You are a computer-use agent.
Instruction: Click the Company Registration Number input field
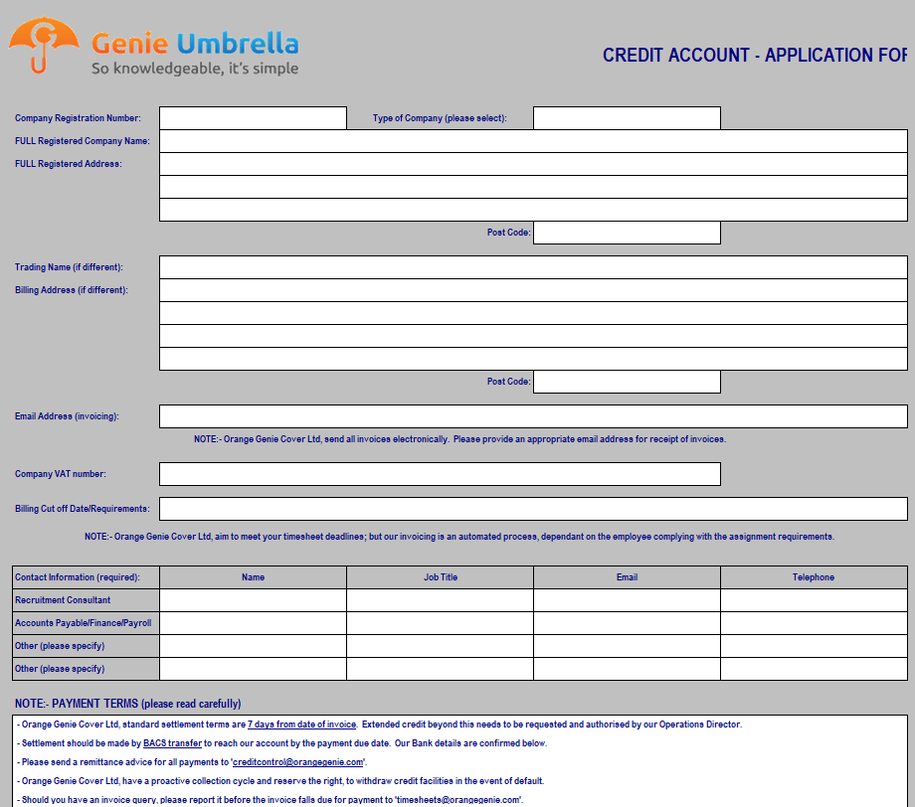point(253,118)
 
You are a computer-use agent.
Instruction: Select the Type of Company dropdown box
point(627,118)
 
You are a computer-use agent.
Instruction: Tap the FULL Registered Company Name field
point(533,141)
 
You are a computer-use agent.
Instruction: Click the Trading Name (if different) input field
point(533,267)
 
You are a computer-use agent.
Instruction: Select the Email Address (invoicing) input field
point(533,416)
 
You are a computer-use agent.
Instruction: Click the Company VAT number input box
point(440,474)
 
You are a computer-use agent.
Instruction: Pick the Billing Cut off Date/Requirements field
point(533,509)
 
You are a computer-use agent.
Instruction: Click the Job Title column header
point(440,577)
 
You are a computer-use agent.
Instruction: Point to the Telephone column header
point(814,577)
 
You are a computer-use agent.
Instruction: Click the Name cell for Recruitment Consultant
point(253,600)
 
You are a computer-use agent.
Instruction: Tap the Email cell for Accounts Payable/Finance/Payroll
point(627,623)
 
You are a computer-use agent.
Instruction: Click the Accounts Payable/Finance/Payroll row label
point(83,623)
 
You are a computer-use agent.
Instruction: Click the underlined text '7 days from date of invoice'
point(301,725)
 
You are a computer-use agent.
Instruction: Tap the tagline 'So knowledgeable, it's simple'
point(194,69)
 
